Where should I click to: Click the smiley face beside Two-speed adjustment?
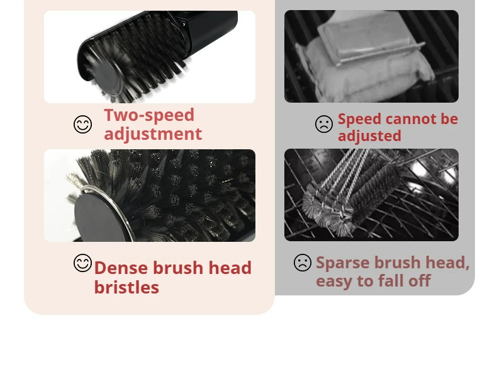82,124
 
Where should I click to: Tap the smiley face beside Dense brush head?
82,263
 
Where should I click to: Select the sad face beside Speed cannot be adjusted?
324,123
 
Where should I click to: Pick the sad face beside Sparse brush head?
303,263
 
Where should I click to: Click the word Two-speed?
149,115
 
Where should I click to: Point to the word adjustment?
153,134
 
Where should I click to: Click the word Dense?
121,268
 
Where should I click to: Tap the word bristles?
126,287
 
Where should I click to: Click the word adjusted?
369,136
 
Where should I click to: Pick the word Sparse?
343,263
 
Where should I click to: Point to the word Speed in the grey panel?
359,120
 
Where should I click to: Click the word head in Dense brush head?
230,268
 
